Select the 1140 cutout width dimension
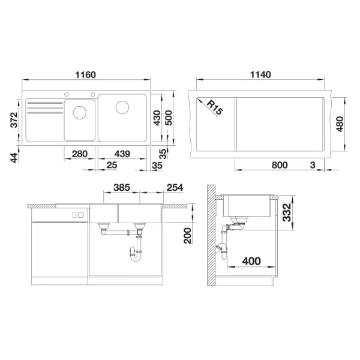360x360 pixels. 259,76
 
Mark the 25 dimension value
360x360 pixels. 112,165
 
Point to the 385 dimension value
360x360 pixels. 122,188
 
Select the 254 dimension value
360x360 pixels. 175,188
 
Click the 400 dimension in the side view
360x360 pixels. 252,261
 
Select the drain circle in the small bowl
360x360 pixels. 79,112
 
